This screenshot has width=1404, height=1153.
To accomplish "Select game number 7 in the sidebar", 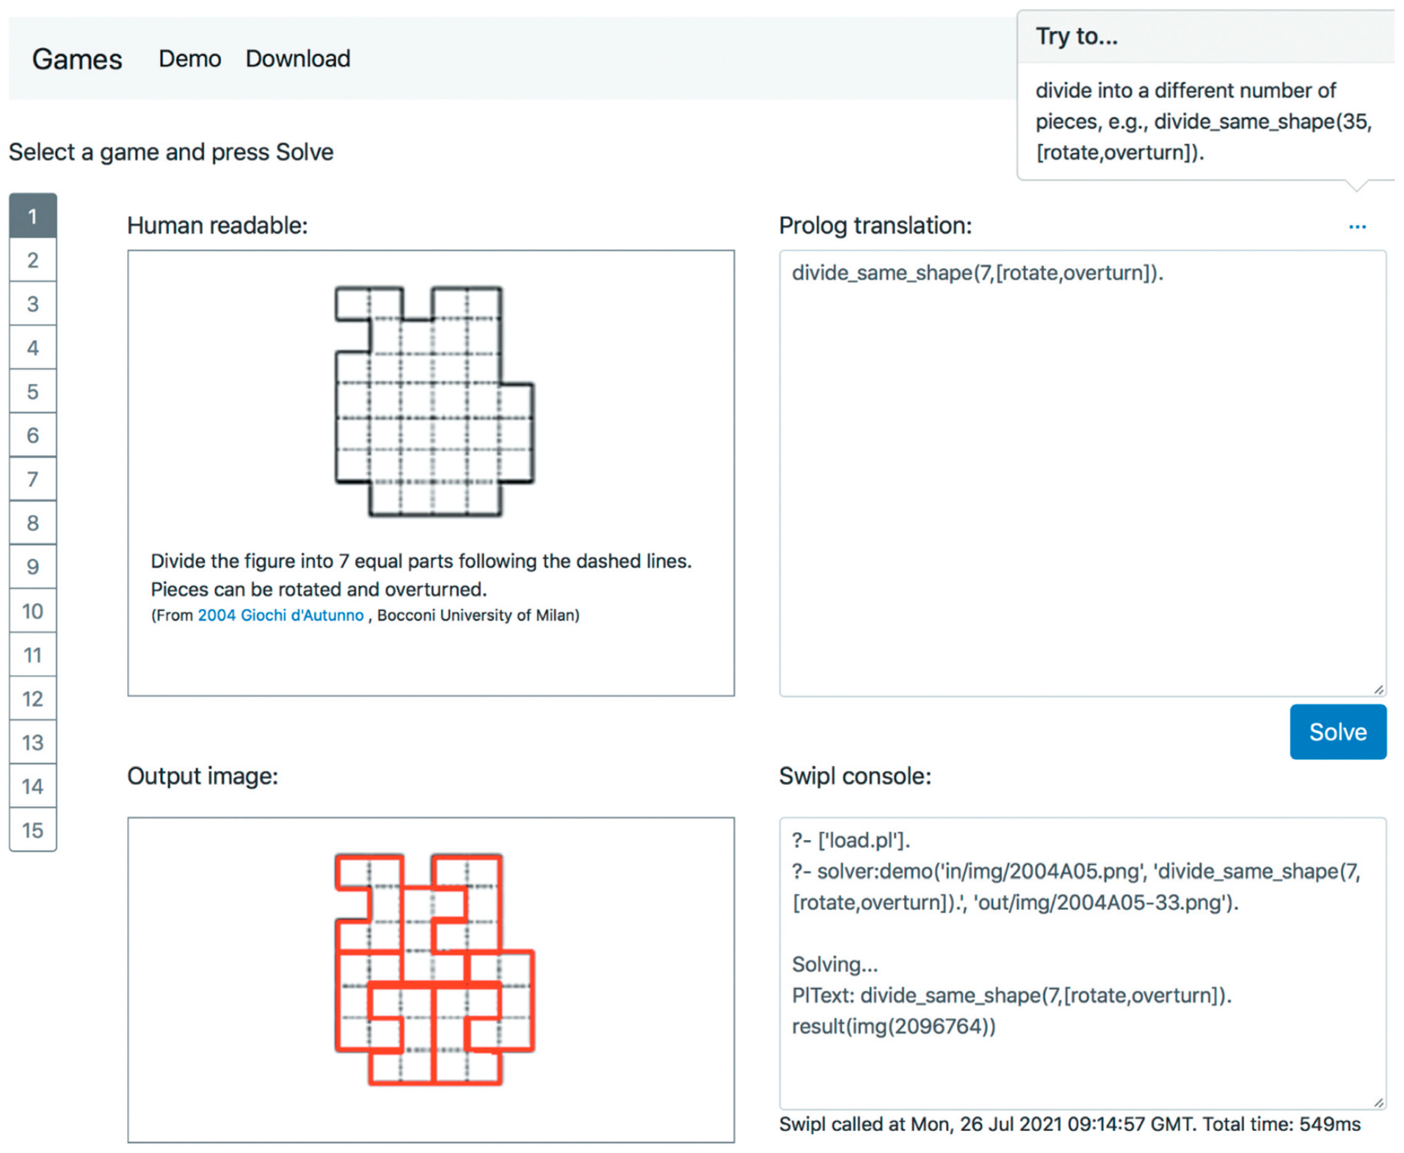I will click(x=33, y=479).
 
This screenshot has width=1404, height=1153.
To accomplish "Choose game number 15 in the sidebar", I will click(x=33, y=830).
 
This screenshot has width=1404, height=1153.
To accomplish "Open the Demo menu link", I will click(x=189, y=58).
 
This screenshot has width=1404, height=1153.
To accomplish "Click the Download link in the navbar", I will click(x=298, y=58).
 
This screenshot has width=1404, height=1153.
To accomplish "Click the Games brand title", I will click(x=77, y=59).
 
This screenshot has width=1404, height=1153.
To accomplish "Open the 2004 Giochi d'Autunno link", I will click(x=280, y=615).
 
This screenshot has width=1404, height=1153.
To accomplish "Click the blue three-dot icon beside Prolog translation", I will click(x=1357, y=227).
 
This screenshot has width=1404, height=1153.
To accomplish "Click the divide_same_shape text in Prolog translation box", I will click(x=976, y=273).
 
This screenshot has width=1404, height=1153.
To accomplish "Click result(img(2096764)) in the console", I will click(x=893, y=1026).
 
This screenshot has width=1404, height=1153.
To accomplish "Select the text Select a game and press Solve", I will click(x=171, y=152).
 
